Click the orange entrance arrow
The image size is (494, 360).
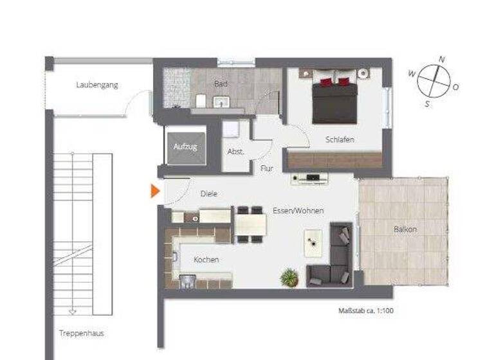pyautogui.click(x=155, y=192)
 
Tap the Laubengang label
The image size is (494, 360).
pyautogui.click(x=96, y=85)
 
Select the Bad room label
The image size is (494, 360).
pyautogui.click(x=221, y=84)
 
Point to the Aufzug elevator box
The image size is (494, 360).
pyautogui.click(x=185, y=146)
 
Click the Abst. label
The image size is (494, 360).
pyautogui.click(x=235, y=152)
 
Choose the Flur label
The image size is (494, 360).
pyautogui.click(x=267, y=169)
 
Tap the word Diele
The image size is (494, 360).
pyautogui.click(x=208, y=192)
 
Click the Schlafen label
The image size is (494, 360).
pyautogui.click(x=340, y=139)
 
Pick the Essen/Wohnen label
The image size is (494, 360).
pyautogui.click(x=298, y=211)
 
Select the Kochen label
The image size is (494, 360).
pyautogui.click(x=206, y=260)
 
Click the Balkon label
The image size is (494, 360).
pyautogui.click(x=405, y=229)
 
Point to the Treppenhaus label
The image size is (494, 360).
pyautogui.click(x=81, y=333)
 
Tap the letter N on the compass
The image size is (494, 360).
pyautogui.click(x=441, y=59)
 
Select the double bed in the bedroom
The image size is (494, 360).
pyautogui.click(x=334, y=101)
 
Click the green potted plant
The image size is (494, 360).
pyautogui.click(x=289, y=278)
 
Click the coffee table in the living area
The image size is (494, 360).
pyautogui.click(x=313, y=240)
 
